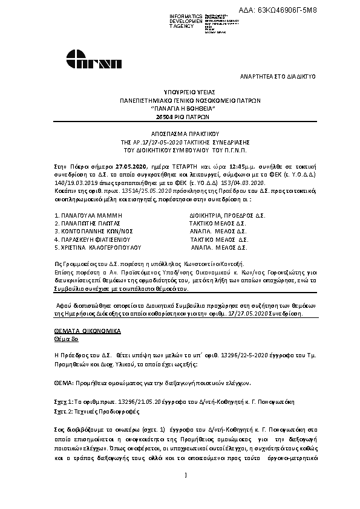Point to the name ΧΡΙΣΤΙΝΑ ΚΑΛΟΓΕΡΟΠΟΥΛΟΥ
(x=99, y=247)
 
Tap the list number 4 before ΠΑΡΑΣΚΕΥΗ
(x=55, y=239)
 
